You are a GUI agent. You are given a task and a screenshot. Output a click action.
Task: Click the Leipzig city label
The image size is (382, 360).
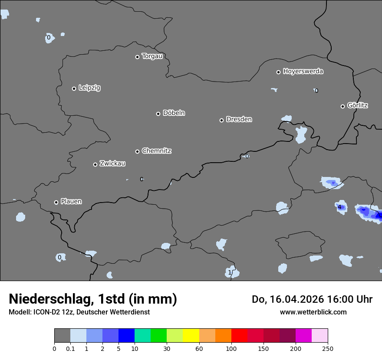click(x=89, y=88)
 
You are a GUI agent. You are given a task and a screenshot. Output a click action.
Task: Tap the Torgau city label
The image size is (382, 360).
click(x=152, y=56)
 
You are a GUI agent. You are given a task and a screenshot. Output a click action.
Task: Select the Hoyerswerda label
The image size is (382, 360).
click(x=303, y=72)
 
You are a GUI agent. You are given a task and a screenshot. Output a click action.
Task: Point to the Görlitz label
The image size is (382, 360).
click(x=358, y=105)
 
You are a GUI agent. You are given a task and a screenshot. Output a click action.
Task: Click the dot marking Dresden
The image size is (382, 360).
click(x=221, y=120)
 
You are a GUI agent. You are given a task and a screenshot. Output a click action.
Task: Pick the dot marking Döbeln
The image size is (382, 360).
click(x=158, y=114)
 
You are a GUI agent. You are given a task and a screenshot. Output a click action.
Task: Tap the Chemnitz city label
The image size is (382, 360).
click(x=156, y=151)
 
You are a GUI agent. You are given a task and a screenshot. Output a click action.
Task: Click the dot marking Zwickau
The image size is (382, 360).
click(x=95, y=164)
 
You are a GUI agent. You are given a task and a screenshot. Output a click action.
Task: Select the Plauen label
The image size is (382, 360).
click(x=71, y=202)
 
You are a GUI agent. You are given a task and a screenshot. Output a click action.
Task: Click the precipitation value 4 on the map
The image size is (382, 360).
click(x=339, y=207)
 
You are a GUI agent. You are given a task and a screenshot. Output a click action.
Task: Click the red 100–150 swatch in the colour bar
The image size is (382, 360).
click(x=239, y=336)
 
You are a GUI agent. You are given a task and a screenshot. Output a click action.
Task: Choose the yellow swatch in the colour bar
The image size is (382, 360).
click(x=191, y=336)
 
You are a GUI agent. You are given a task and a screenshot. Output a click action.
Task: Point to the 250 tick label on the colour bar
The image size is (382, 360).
click(x=328, y=349)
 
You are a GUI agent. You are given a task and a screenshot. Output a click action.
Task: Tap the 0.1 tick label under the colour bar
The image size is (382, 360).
click(x=70, y=349)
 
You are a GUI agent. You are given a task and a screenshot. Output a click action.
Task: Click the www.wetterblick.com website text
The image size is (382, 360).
click(x=313, y=312)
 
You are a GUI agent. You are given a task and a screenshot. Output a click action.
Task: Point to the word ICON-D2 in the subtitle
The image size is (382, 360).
click(x=46, y=312)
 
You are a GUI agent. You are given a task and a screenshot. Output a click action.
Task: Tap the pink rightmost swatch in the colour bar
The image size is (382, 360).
click(x=319, y=336)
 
